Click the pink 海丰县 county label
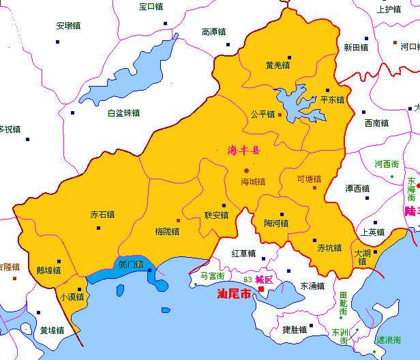(243, 151)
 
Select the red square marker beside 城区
(261, 289)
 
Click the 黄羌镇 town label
(277, 65)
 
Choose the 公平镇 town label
(262, 114)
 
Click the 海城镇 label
(252, 182)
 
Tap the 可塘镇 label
(309, 179)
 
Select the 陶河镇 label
(276, 223)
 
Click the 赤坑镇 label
(329, 248)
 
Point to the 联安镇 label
(216, 215)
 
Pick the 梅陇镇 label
(167, 231)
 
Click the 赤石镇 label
(102, 214)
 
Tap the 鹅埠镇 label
(48, 270)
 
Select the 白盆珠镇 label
(123, 113)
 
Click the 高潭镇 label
(214, 31)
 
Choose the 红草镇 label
(243, 254)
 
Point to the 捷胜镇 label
(295, 330)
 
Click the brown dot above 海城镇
(247, 170)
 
